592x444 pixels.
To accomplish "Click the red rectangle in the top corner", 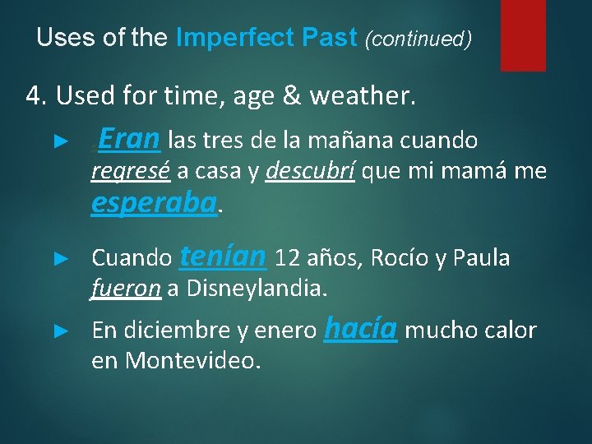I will click(523, 35).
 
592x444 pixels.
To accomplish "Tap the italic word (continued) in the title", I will click(418, 39).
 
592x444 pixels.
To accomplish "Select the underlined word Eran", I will click(129, 140).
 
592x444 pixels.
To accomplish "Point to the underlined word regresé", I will click(131, 172).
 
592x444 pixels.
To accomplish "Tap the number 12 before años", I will click(288, 258).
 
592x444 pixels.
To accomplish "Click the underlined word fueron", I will click(127, 289).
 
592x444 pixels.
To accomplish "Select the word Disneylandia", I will click(257, 289).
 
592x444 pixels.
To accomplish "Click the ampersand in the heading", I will click(290, 97).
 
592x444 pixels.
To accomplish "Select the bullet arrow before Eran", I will click(58, 141).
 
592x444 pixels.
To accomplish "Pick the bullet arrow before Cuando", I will click(58, 258).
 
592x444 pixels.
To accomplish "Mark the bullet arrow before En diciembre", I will click(58, 331).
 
